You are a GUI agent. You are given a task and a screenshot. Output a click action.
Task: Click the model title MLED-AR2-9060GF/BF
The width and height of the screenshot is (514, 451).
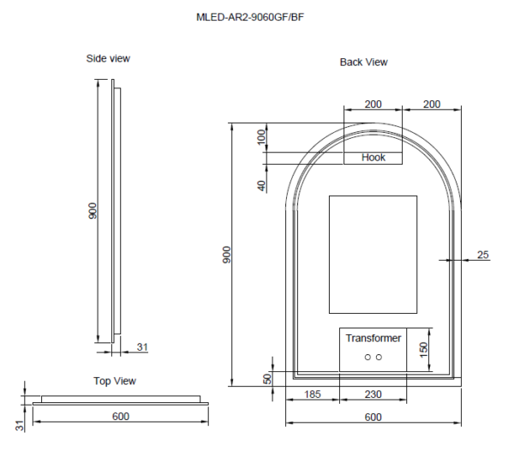coord(250,16)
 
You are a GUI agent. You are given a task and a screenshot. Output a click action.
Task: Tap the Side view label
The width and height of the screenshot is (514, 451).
coord(108,58)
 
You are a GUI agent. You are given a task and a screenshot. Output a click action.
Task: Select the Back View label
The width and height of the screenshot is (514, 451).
coord(363,62)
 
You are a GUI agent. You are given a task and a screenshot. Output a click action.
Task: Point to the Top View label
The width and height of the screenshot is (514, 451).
coord(115,381)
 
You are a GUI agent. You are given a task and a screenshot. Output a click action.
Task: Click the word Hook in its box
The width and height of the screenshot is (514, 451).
coord(374,158)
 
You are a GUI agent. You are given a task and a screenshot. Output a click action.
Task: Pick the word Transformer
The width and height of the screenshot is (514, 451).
coord(374,339)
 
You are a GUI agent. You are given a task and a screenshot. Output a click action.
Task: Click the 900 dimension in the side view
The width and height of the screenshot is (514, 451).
coord(93,210)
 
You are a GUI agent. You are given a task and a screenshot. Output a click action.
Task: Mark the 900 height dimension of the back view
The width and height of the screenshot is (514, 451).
coord(227,255)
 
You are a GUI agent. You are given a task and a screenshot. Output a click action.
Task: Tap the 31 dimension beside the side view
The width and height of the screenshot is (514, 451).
coord(142,346)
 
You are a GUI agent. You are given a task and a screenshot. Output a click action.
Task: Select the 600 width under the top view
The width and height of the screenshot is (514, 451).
coord(120,417)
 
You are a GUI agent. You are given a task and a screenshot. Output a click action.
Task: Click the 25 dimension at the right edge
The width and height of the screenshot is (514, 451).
coord(482,255)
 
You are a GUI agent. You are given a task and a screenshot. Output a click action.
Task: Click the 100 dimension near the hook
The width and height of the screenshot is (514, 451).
coord(261,137)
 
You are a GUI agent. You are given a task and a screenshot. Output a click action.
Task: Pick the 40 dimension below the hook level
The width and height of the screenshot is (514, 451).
coord(261,184)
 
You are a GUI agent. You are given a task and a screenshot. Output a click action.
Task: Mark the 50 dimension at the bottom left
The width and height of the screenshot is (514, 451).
coord(267,378)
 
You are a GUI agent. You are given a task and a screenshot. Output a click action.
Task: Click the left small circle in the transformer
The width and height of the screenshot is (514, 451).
coord(367,357)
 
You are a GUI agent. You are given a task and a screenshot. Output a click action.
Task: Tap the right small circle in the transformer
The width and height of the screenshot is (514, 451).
coord(379,357)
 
